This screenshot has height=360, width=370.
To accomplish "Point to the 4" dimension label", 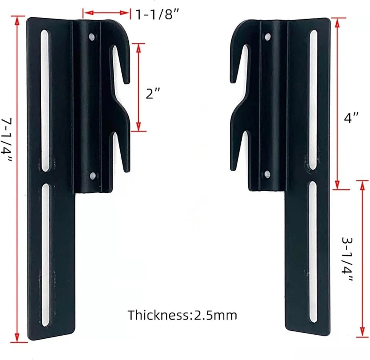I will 351,117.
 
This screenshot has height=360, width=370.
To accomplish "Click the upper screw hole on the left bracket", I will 92,37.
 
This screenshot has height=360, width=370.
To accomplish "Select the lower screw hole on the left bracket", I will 92,176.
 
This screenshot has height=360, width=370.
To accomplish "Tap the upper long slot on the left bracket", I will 45,100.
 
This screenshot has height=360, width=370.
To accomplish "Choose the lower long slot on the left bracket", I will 45,254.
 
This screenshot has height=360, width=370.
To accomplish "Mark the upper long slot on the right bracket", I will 313,100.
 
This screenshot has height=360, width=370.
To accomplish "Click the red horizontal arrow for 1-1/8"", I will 106,13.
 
